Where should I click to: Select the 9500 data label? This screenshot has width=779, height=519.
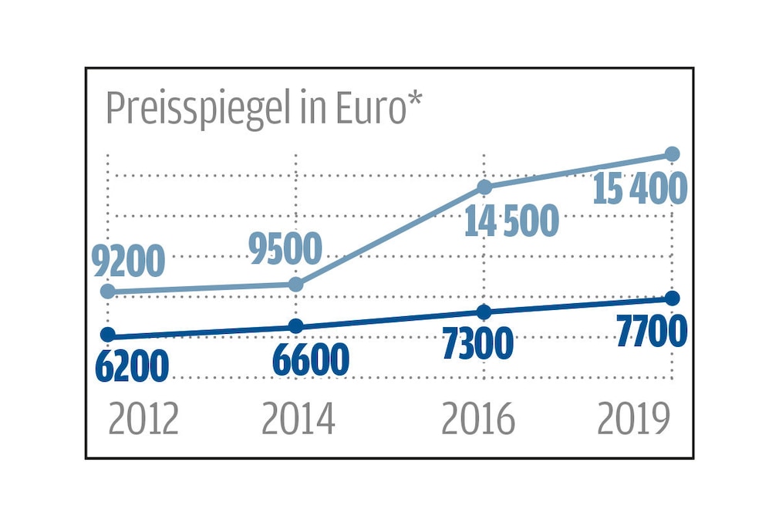[285, 249]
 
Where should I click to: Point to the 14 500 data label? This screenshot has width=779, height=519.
[511, 221]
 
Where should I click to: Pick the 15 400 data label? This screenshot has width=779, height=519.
[639, 189]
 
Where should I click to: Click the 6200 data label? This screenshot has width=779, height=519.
[132, 367]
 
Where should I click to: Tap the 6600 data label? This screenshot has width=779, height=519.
[311, 359]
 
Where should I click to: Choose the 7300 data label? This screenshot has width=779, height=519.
[477, 344]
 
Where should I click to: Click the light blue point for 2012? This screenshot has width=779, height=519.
[108, 291]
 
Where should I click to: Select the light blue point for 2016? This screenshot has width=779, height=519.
[484, 187]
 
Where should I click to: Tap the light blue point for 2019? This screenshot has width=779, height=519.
[672, 153]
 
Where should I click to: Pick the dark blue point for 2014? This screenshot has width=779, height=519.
[296, 326]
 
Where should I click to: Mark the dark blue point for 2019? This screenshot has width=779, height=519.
[672, 298]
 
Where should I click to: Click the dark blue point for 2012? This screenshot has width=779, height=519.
[108, 334]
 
